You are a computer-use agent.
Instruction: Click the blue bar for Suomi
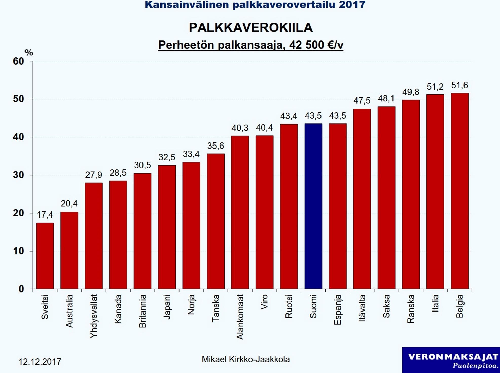click(x=313, y=206)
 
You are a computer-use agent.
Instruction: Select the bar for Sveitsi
click(x=45, y=256)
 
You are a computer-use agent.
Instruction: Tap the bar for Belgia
click(x=459, y=191)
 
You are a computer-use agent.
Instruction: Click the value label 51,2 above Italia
click(x=435, y=87)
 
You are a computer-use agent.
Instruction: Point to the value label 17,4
click(x=45, y=215)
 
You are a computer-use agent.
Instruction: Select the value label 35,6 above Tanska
click(x=216, y=146)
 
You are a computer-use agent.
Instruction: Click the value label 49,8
click(x=411, y=92)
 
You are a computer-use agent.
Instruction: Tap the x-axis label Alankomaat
click(x=240, y=317)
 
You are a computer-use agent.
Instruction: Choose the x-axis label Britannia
click(x=142, y=311)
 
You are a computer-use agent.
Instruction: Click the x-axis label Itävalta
click(x=362, y=308)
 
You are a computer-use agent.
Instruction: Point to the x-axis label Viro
click(x=264, y=302)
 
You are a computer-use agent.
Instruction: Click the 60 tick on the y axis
click(x=18, y=61)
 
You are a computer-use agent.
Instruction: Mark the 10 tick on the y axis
click(x=18, y=251)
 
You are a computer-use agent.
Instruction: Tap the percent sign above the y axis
click(x=29, y=53)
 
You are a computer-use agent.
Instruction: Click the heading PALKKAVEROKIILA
click(x=251, y=28)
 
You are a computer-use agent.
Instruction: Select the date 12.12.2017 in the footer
click(x=40, y=362)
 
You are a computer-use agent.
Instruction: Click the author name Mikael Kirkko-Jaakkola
click(x=245, y=359)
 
